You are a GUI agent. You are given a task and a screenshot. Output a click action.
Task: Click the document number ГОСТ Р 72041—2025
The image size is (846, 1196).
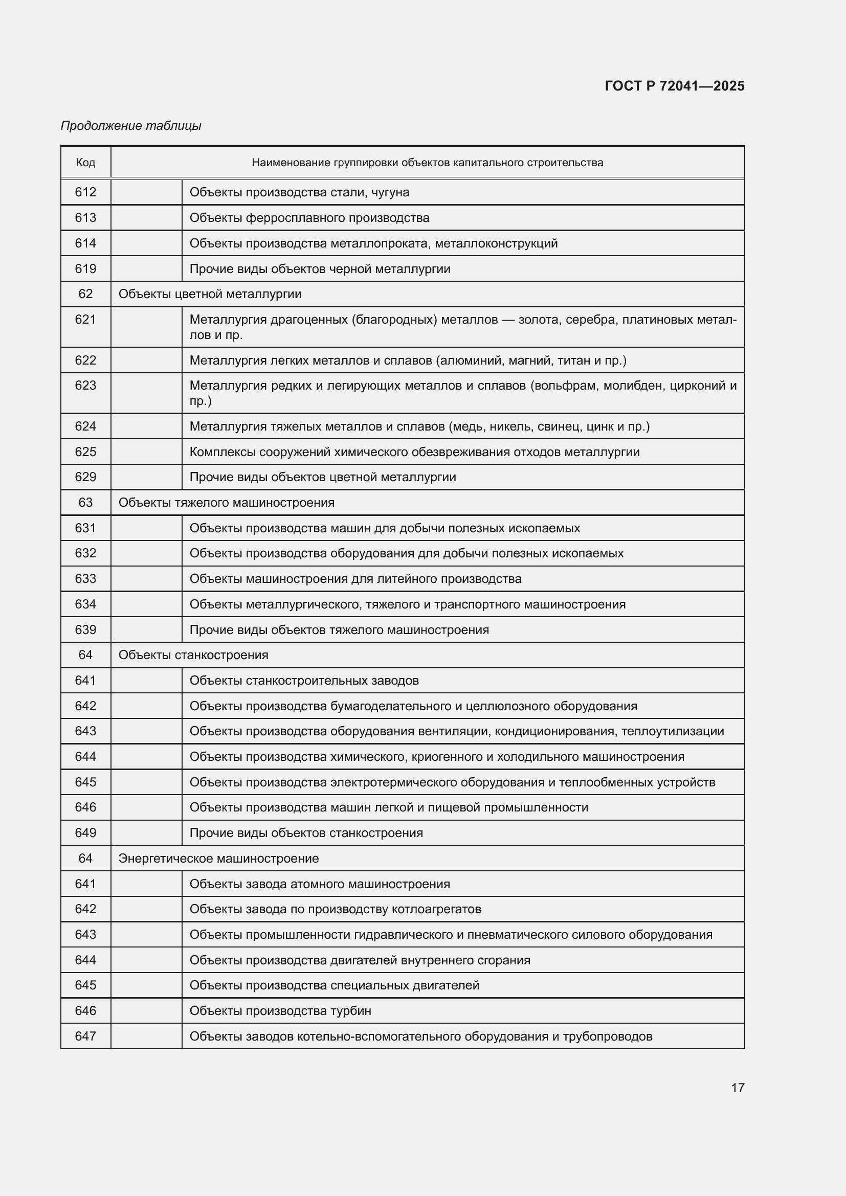click(x=675, y=86)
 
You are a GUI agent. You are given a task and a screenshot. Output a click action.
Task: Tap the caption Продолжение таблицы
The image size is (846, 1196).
click(x=131, y=126)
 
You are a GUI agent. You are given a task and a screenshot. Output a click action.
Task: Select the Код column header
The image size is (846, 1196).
click(x=85, y=163)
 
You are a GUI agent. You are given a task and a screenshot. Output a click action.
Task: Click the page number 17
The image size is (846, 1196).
click(x=738, y=1088)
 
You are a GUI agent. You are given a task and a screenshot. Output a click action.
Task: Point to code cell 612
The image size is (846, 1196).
click(x=85, y=192)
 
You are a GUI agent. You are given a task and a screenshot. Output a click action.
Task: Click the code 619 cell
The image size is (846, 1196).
click(x=85, y=269)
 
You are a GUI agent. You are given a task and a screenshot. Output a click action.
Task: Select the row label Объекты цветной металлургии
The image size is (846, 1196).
click(x=210, y=294)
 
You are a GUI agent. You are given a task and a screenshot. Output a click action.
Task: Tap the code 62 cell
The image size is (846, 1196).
click(x=85, y=294)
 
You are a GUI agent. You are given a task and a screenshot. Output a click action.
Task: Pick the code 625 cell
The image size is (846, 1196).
click(x=85, y=452)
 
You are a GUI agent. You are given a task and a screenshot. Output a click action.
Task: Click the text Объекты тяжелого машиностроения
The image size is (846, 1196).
click(x=226, y=503)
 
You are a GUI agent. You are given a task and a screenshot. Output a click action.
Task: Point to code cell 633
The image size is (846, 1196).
click(x=85, y=579)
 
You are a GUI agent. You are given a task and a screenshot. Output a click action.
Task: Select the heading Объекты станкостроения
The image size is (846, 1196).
click(x=193, y=655)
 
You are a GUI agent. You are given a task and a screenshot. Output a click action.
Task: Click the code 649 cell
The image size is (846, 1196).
click(x=85, y=832)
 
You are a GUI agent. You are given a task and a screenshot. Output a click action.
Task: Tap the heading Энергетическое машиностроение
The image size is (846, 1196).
click(x=218, y=858)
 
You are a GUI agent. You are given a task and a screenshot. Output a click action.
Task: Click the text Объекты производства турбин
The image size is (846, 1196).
click(x=280, y=1010)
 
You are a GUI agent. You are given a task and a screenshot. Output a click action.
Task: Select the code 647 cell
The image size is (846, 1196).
click(x=85, y=1036)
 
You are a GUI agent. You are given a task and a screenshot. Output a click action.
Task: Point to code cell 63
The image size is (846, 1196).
click(x=85, y=503)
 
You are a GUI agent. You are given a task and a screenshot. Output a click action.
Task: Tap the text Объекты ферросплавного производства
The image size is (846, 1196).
click(x=309, y=218)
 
